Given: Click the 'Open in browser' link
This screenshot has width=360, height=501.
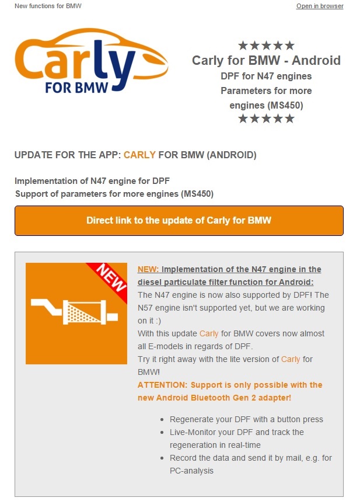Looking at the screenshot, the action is coord(320,6).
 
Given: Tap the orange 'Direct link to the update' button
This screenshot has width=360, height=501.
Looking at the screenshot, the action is coord(179,221).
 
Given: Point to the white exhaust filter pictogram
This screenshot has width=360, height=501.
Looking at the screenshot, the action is coord(74,312).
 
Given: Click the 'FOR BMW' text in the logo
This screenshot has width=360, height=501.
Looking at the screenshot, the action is coord(76,88).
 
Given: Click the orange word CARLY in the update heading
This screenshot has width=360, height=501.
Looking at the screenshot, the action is coord(139,155).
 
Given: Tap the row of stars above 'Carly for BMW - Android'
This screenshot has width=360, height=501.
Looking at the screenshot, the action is coord(266,46).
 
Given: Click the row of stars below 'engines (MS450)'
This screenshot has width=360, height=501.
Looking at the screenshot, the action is coord(266,119).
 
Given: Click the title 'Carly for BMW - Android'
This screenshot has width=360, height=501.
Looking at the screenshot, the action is coord(266,60).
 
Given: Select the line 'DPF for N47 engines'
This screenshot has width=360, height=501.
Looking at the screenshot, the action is coord(266,76).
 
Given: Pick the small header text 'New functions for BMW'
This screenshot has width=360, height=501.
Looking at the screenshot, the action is coord(48,6).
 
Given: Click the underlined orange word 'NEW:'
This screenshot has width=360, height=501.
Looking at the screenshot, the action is coord(148,269).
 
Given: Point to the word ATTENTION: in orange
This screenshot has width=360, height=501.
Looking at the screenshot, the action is coord(162,385).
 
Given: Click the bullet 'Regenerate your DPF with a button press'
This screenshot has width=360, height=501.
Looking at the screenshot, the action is coord(246,419).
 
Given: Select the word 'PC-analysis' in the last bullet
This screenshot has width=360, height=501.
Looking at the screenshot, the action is coord(191,471).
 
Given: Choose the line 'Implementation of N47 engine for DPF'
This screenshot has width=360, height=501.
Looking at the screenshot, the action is coord(92,181).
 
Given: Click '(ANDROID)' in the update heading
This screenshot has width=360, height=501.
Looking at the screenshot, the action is coord(232,155).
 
